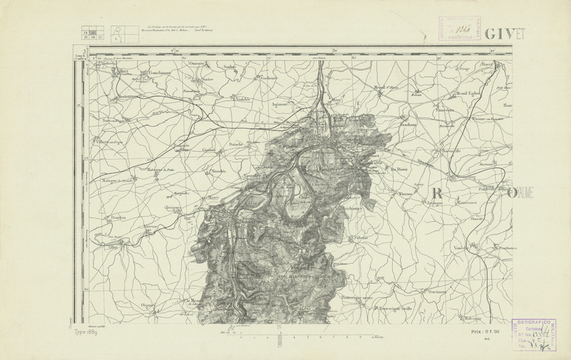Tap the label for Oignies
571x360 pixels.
pos(148,305)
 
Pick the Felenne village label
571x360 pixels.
pos(363,237)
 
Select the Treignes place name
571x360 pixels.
pos(175,208)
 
